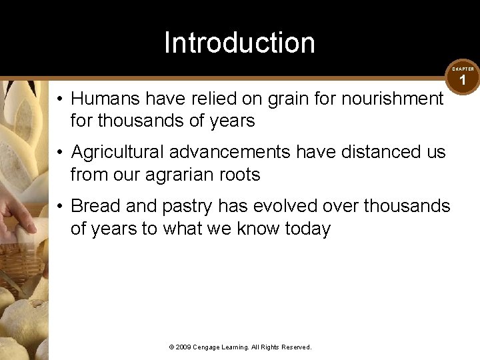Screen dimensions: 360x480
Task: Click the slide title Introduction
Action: click(x=239, y=43)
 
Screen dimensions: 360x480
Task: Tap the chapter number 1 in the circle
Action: click(x=463, y=81)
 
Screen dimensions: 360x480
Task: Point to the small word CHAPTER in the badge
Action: click(x=463, y=69)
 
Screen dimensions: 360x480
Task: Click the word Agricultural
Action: click(x=117, y=152)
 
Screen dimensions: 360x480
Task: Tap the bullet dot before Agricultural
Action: click(x=60, y=153)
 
